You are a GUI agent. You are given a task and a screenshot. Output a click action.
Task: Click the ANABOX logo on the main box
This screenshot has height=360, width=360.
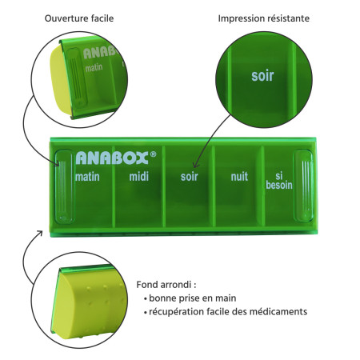(x=112, y=158)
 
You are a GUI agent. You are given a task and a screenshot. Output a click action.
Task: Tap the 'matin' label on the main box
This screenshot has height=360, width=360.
(x=87, y=177)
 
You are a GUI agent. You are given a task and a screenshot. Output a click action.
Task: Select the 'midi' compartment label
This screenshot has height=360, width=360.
(x=139, y=176)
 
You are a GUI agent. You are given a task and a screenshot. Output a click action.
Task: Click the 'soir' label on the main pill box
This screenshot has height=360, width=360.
(x=189, y=177)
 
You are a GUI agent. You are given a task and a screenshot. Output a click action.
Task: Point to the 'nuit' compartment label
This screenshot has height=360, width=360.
(x=239, y=176)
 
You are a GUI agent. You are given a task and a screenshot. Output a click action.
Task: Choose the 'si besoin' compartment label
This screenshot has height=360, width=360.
(x=279, y=181)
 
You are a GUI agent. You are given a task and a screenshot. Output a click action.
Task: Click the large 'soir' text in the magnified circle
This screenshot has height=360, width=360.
(x=262, y=76)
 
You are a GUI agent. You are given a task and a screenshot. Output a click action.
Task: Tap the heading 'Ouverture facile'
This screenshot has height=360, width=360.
(x=79, y=18)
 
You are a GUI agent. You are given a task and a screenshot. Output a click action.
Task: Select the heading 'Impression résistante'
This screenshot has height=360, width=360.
(x=264, y=18)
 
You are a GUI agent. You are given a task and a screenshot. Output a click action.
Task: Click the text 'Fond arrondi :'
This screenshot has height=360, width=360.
(x=166, y=285)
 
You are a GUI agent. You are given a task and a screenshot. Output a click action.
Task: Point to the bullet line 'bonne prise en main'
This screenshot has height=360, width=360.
(x=192, y=298)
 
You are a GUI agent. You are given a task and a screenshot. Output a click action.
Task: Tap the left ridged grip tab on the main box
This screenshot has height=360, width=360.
(x=64, y=186)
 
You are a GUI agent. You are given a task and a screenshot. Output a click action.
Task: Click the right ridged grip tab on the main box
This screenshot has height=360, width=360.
(x=303, y=186)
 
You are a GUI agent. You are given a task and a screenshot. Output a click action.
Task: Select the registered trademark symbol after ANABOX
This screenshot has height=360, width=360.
(x=154, y=154)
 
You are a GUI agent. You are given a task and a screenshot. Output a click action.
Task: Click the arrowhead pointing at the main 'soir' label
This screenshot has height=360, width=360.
(x=195, y=166)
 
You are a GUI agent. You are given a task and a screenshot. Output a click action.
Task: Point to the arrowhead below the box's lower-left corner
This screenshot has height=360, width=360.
(x=40, y=233)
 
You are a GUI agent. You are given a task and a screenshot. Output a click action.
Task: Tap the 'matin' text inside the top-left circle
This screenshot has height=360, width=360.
(x=94, y=68)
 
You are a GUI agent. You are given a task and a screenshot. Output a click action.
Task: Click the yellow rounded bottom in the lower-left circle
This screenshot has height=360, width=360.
(x=86, y=304)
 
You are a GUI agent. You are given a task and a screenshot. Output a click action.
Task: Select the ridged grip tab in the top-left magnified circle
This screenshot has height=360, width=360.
(x=77, y=78)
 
